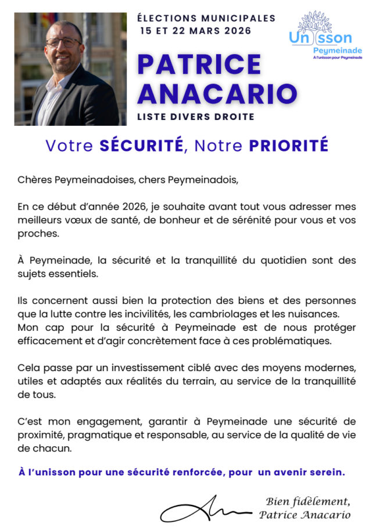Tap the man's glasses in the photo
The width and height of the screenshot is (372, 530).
click(63, 43)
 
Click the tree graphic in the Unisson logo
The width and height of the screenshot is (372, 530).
click(315, 22)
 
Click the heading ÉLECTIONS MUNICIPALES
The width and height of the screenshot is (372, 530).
click(206, 19)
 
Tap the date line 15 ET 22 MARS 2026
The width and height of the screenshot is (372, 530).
click(196, 31)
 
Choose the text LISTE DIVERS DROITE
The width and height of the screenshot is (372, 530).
click(195, 117)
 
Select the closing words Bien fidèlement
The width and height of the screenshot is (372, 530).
click(307, 501)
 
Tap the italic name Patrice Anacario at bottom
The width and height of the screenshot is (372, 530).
click(305, 514)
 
